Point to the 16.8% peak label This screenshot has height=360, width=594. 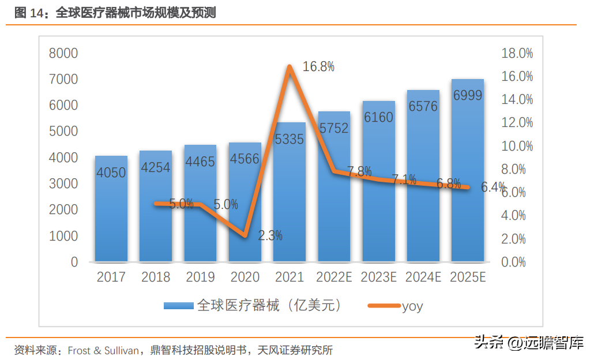point(318,66)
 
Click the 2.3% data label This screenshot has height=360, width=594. point(270,235)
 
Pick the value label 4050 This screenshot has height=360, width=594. point(111,172)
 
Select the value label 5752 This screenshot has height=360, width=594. point(334,128)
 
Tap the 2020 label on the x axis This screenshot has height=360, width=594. point(245,277)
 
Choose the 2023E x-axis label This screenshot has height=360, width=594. point(378,277)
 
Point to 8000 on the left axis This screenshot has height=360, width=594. point(63,54)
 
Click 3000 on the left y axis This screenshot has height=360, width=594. point(63,184)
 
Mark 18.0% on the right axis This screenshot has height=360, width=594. point(517,54)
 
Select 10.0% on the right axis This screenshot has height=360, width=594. point(517,147)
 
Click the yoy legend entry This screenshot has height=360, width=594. point(412,306)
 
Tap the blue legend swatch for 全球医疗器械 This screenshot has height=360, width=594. point(179,306)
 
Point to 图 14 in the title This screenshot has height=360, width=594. point(29,13)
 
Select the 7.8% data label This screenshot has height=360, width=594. point(359,171)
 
